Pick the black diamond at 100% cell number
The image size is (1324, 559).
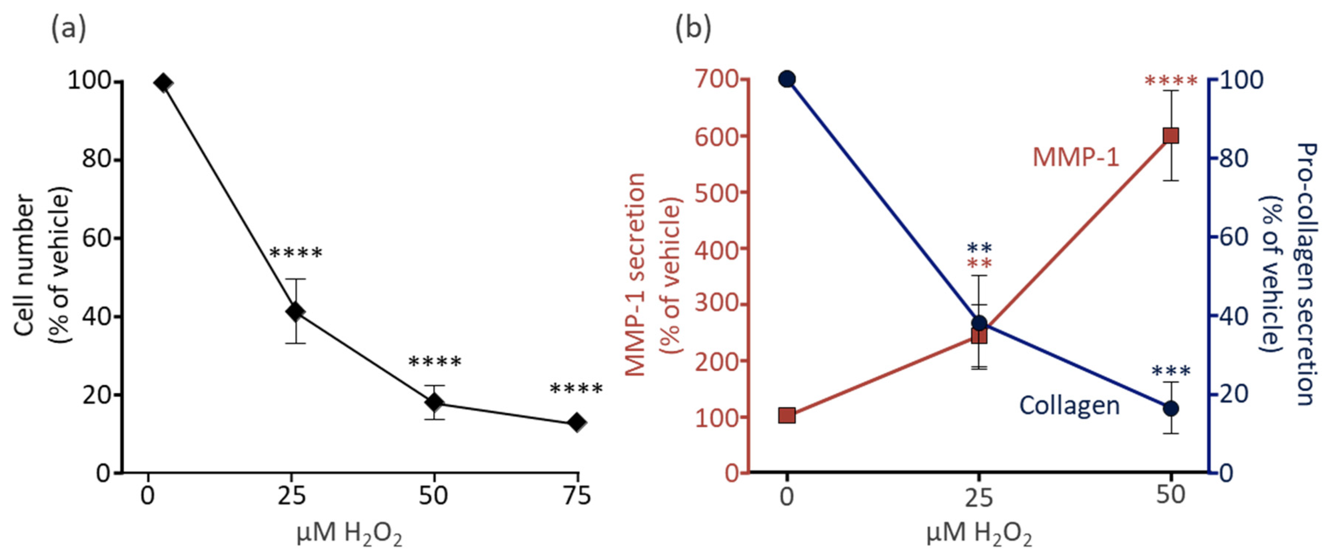tap(163, 83)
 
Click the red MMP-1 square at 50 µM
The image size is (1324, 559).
tap(1171, 136)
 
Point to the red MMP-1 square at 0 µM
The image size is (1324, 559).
tap(787, 415)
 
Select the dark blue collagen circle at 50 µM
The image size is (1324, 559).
tap(1171, 409)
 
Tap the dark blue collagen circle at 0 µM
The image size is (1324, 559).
tap(787, 79)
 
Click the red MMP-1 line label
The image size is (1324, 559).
tap(1076, 157)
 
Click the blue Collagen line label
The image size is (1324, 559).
tap(1070, 405)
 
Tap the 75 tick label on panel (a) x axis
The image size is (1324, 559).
tap(577, 496)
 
